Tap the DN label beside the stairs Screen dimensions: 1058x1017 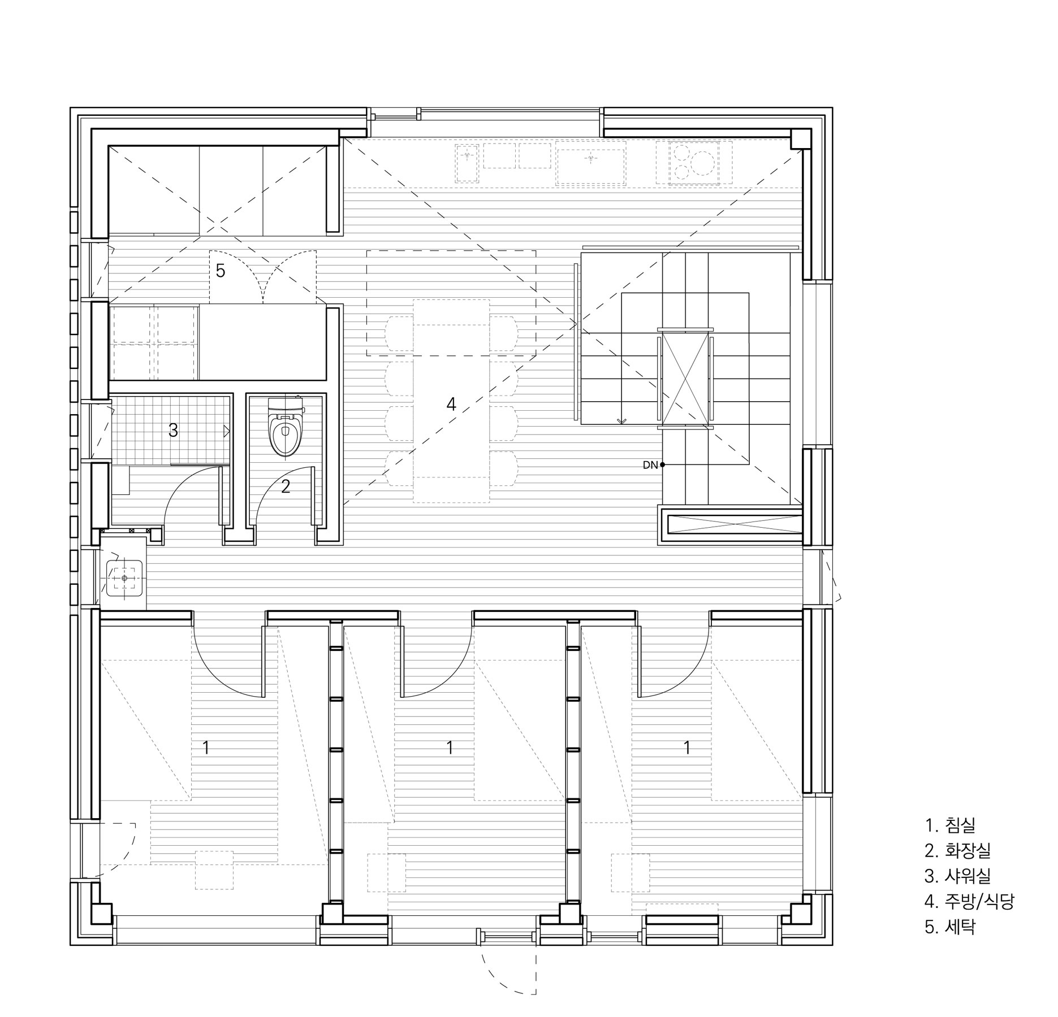pyautogui.click(x=650, y=466)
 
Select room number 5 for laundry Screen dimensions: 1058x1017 pyautogui.click(x=221, y=271)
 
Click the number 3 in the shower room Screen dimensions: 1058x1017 pyautogui.click(x=173, y=431)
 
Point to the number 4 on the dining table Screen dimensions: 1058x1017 pyautogui.click(x=451, y=404)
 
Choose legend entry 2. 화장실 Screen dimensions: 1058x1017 pyautogui.click(x=957, y=850)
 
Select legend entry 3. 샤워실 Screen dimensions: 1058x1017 pyautogui.click(x=957, y=876)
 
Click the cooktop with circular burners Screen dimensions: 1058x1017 pyautogui.click(x=694, y=163)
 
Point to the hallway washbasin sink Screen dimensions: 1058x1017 pyautogui.click(x=124, y=579)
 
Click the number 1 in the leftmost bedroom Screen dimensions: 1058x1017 pyautogui.click(x=206, y=748)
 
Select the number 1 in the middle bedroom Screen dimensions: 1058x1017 pyautogui.click(x=450, y=748)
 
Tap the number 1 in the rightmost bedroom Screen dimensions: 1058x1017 pyautogui.click(x=687, y=748)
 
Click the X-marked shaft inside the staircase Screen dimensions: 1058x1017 pyautogui.click(x=685, y=378)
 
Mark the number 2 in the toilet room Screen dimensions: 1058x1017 pyautogui.click(x=286, y=486)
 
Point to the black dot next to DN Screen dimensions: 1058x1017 pyautogui.click(x=663, y=465)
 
